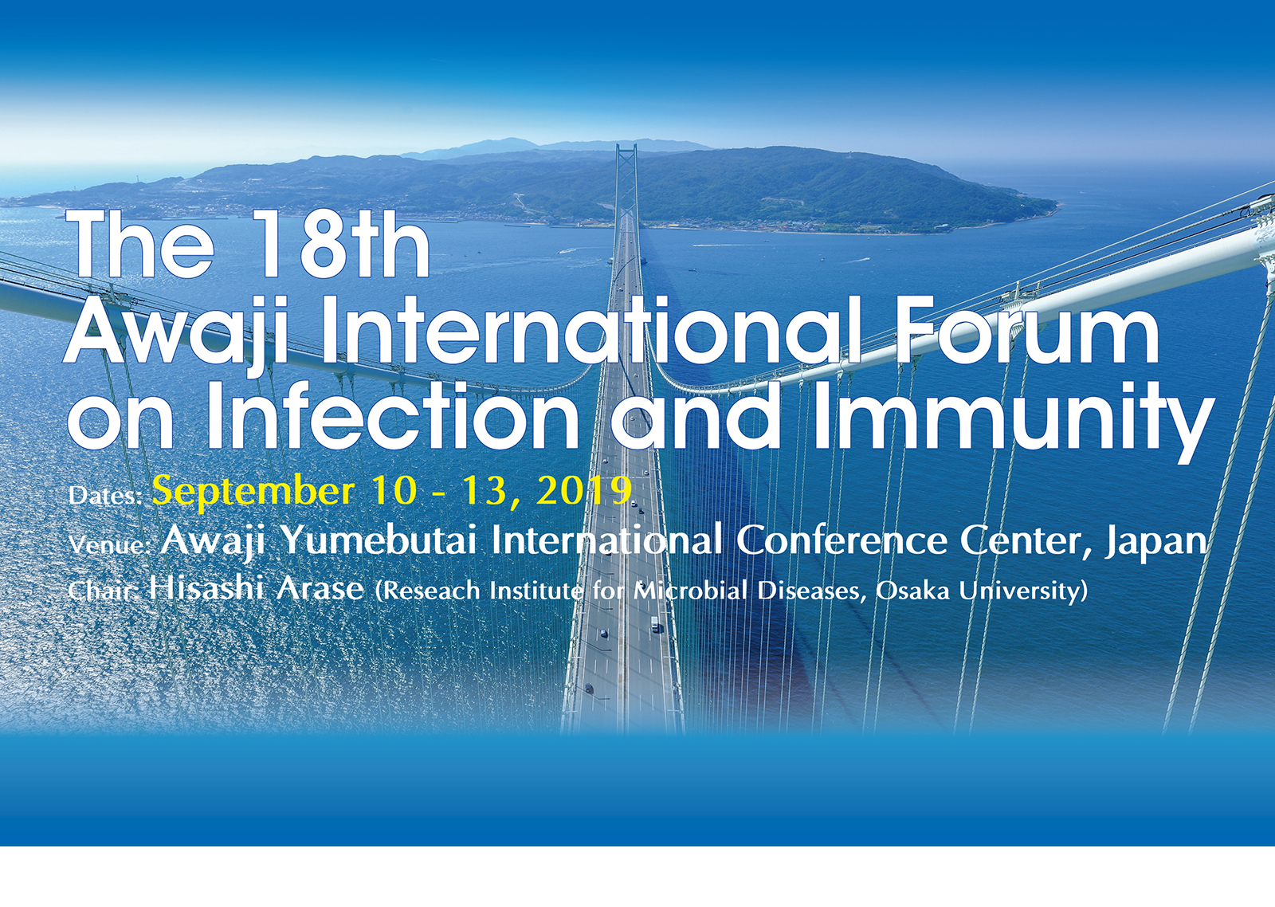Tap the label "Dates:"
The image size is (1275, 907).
(x=105, y=496)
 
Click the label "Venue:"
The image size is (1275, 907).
(x=109, y=545)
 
